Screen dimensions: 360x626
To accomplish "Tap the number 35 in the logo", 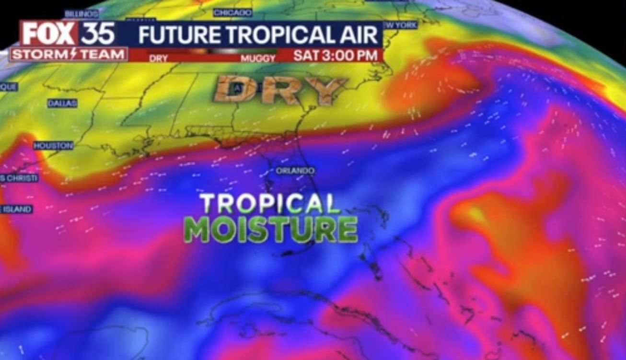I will (98, 34).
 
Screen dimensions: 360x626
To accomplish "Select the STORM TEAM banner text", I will (69, 55).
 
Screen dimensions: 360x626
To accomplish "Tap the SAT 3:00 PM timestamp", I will (335, 55).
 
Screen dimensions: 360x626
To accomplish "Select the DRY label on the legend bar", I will (159, 58).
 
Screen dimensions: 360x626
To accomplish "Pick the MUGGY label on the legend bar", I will (258, 58).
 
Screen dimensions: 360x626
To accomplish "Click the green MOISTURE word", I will (271, 230).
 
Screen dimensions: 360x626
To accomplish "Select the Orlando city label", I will (295, 171).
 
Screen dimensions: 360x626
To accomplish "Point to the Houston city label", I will (53, 145).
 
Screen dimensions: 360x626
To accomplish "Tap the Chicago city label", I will (232, 12).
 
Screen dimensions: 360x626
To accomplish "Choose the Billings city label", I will (78, 14).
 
